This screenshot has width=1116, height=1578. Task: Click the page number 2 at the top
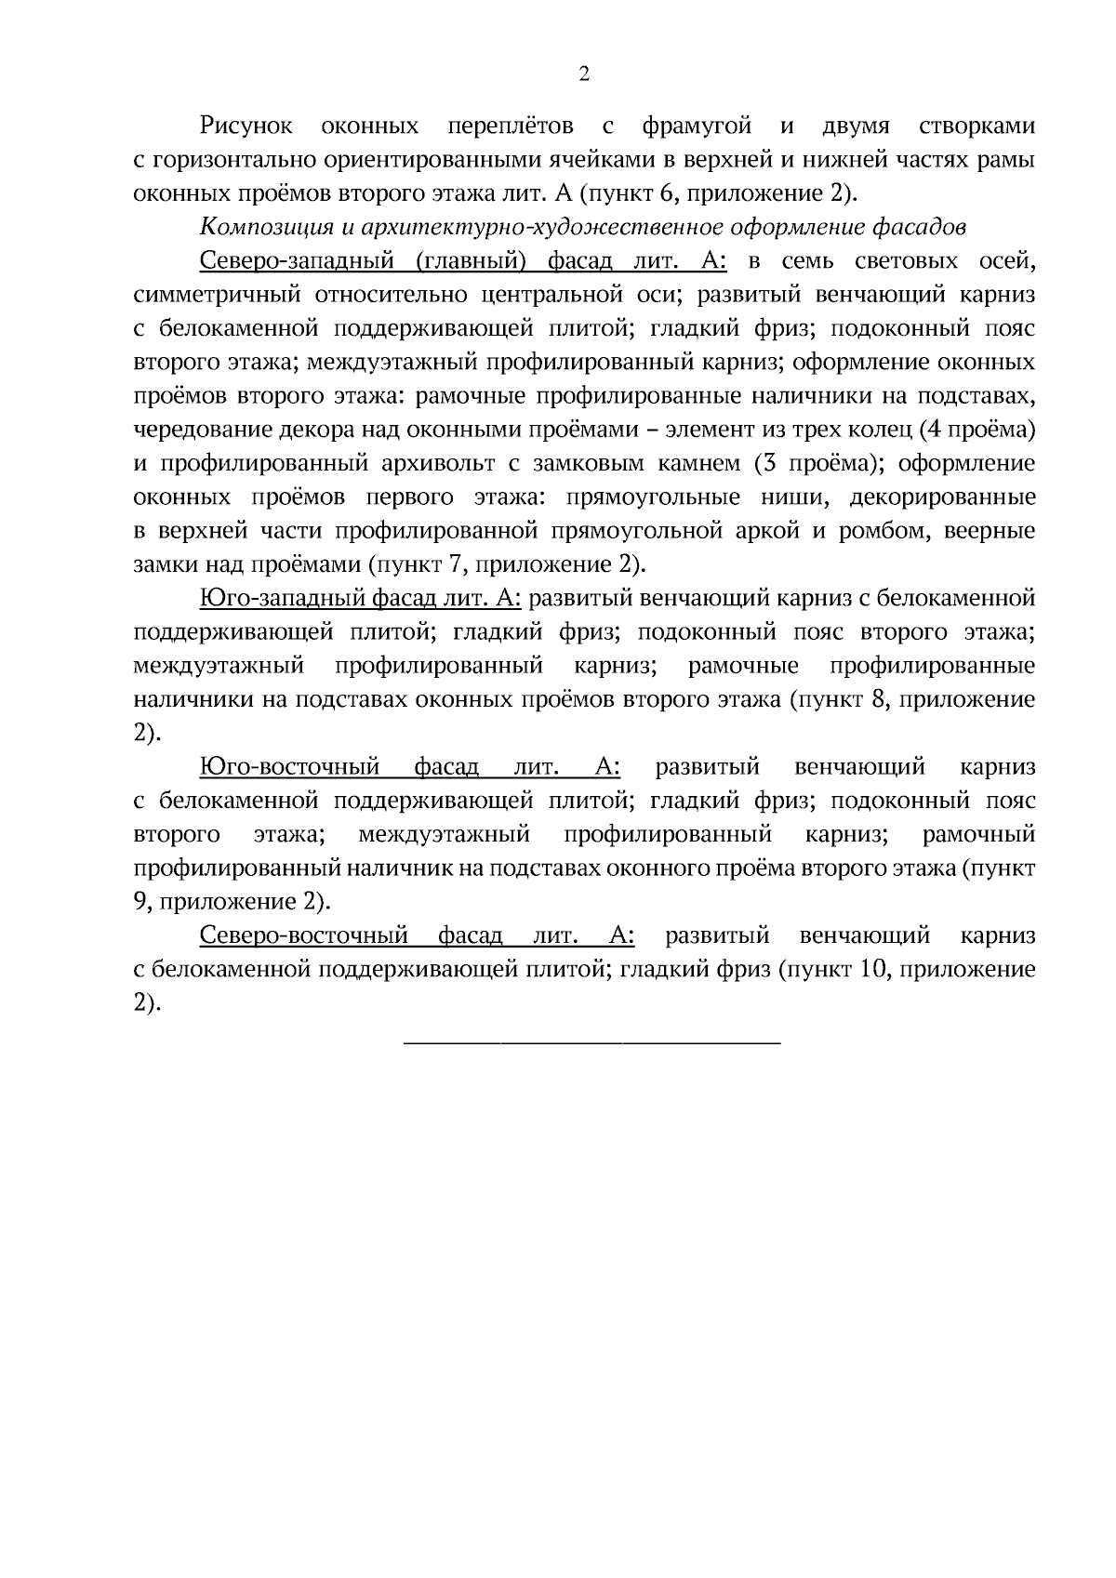point(584,75)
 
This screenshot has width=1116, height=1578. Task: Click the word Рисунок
point(246,126)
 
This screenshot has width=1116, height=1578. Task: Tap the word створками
point(976,126)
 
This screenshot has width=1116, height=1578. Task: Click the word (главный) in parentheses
point(470,261)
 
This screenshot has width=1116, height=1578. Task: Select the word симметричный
point(205,296)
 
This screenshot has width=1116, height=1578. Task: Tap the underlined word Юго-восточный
point(289,767)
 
